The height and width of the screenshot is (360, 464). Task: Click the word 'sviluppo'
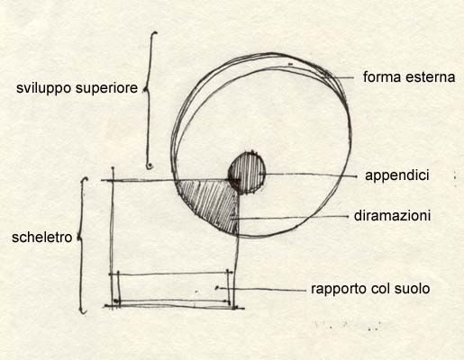point(44,88)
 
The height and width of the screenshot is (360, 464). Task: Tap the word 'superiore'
point(106,88)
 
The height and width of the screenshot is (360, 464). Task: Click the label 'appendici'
point(397,175)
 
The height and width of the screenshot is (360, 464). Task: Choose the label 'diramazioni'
point(392,216)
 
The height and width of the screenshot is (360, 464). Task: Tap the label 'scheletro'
point(42,238)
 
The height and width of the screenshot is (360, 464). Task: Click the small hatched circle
point(247,173)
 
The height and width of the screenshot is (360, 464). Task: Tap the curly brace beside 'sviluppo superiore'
point(148,99)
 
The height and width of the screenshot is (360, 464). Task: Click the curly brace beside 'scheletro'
point(82,245)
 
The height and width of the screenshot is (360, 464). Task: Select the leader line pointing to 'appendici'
point(308,175)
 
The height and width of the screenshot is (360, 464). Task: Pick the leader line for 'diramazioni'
point(290,218)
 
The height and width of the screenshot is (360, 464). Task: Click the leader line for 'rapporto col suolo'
point(262,290)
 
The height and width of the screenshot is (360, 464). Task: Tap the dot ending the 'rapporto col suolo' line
point(217,288)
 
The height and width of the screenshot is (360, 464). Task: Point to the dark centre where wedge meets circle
point(234,181)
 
